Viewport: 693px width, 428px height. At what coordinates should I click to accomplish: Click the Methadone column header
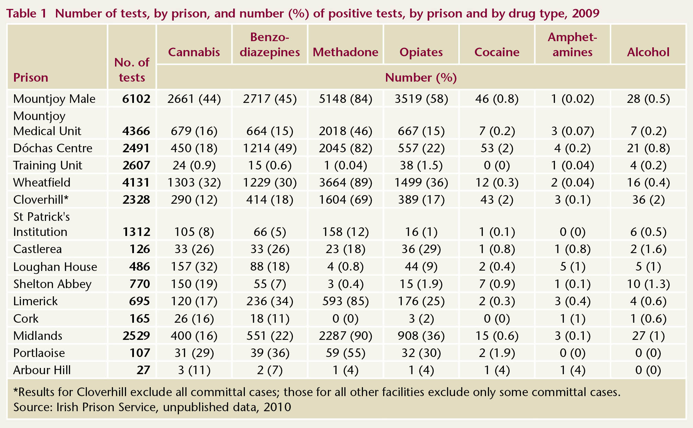coord(345,52)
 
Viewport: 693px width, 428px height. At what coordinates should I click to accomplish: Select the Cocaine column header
coord(497,52)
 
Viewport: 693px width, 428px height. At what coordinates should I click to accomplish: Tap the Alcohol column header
coord(648,52)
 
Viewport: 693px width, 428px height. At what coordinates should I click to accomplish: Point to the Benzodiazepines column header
coord(270,45)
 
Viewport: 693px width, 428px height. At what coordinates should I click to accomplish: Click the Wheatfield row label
coord(42,182)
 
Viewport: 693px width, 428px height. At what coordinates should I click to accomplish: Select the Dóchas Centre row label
coord(53,148)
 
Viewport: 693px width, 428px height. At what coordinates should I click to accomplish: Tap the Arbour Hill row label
coord(42,370)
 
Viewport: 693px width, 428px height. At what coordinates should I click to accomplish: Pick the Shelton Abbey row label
coord(52,284)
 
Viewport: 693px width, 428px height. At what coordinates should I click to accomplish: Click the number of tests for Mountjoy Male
coord(136,99)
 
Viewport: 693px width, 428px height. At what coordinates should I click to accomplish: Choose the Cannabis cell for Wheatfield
coord(194,182)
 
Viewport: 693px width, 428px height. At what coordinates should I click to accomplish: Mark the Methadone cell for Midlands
coord(345,336)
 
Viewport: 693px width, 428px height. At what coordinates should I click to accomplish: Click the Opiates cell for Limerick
coord(421,301)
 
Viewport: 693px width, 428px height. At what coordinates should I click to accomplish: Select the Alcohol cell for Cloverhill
coord(648,200)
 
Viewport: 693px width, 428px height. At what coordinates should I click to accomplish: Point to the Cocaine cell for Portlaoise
coord(497,353)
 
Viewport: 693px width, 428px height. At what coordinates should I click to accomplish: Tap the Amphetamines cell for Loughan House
coord(572,267)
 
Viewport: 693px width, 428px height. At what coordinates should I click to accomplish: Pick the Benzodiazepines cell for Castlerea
coord(270,249)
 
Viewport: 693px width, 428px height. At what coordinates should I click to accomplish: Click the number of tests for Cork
coord(139,319)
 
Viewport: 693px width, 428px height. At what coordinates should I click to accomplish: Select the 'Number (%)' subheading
coord(421,78)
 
